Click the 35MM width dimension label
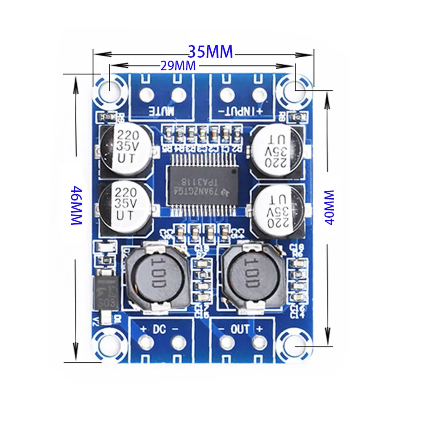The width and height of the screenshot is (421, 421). click(210, 52)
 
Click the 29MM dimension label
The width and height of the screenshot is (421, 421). click(178, 66)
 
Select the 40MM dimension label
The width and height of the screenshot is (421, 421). click(329, 207)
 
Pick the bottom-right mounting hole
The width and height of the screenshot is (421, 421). click(295, 346)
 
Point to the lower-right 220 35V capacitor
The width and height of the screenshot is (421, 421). click(278, 210)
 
